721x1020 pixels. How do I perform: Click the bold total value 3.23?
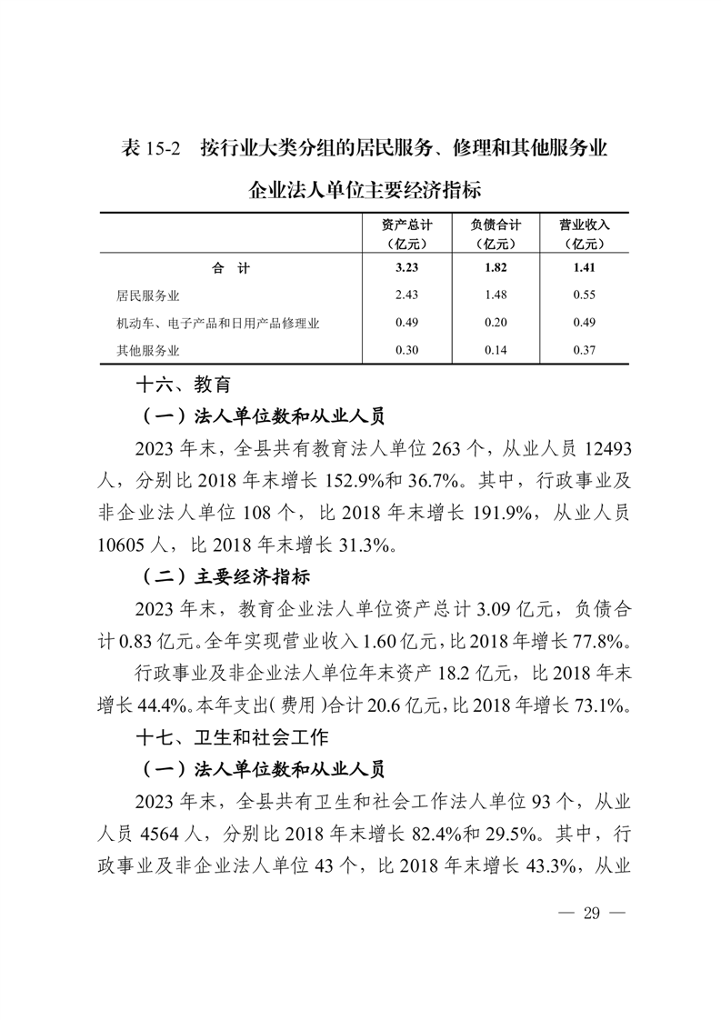[406, 267]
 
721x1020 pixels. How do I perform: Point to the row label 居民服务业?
[148, 295]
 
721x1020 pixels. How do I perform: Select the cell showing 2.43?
[406, 295]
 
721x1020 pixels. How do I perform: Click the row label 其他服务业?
[148, 351]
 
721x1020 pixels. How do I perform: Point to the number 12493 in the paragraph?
[597, 449]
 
